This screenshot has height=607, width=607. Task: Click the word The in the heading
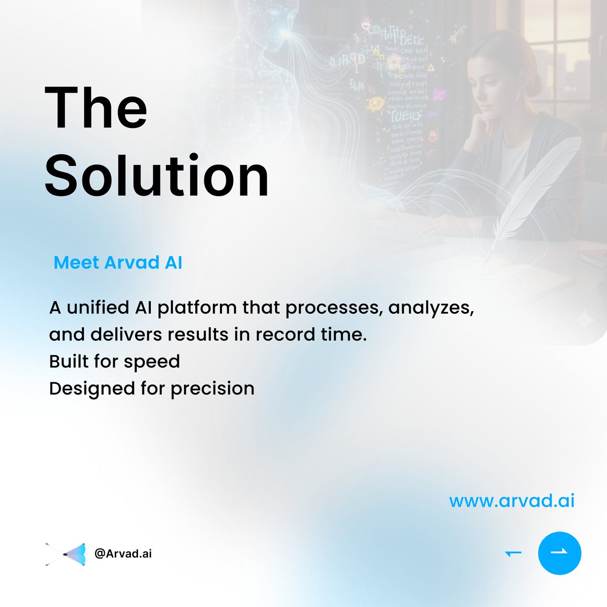(x=96, y=108)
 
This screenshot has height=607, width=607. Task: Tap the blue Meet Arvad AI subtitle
(x=118, y=263)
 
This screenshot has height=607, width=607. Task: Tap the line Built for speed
(x=114, y=362)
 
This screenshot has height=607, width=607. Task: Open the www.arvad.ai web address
(x=511, y=501)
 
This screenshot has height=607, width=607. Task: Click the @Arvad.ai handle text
(x=123, y=553)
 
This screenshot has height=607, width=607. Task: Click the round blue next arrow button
(x=559, y=553)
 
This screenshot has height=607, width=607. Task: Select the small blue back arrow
(x=513, y=554)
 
